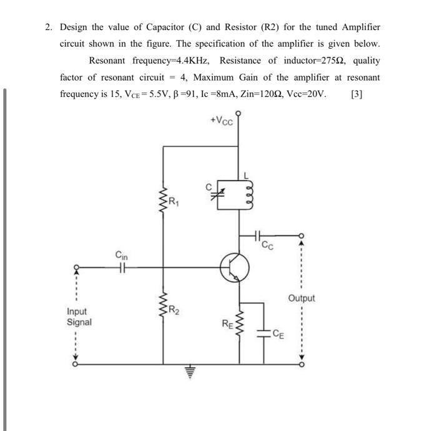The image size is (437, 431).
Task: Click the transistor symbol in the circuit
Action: [235, 268]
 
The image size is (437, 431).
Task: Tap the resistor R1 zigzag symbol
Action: [164, 202]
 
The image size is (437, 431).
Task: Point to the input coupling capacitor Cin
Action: [122, 267]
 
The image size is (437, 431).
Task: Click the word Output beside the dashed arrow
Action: [302, 299]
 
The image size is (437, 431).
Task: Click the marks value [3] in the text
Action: [357, 95]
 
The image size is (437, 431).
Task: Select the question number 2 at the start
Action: [47, 27]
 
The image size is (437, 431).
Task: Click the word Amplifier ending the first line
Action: [358, 27]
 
